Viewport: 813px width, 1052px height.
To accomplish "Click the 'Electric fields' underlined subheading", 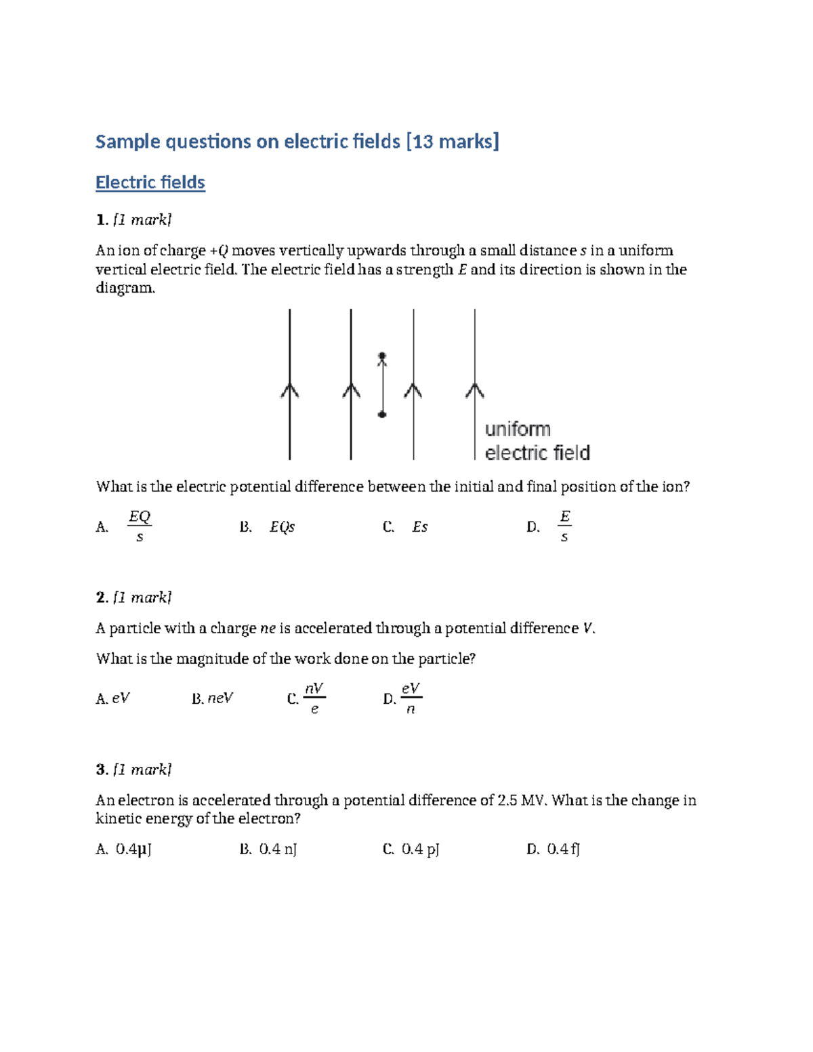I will (x=150, y=182).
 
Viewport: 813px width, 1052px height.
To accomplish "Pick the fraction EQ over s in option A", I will (x=140, y=526).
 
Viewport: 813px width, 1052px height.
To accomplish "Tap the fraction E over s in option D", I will (x=564, y=526).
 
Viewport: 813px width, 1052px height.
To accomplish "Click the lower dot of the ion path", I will (x=382, y=414).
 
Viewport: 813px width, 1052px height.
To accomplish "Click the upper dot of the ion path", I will (x=382, y=356).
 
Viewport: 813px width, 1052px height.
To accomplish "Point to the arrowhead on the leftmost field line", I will (x=290, y=390).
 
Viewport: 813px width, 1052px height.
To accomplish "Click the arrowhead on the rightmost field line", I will (x=475, y=390).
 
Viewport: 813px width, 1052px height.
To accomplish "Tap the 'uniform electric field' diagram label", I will (x=537, y=441).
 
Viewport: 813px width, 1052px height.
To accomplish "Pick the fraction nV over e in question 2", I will (x=314, y=698).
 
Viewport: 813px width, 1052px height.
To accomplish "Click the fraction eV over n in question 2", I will (x=411, y=698).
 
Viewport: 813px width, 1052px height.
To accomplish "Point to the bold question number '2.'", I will (x=102, y=597).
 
